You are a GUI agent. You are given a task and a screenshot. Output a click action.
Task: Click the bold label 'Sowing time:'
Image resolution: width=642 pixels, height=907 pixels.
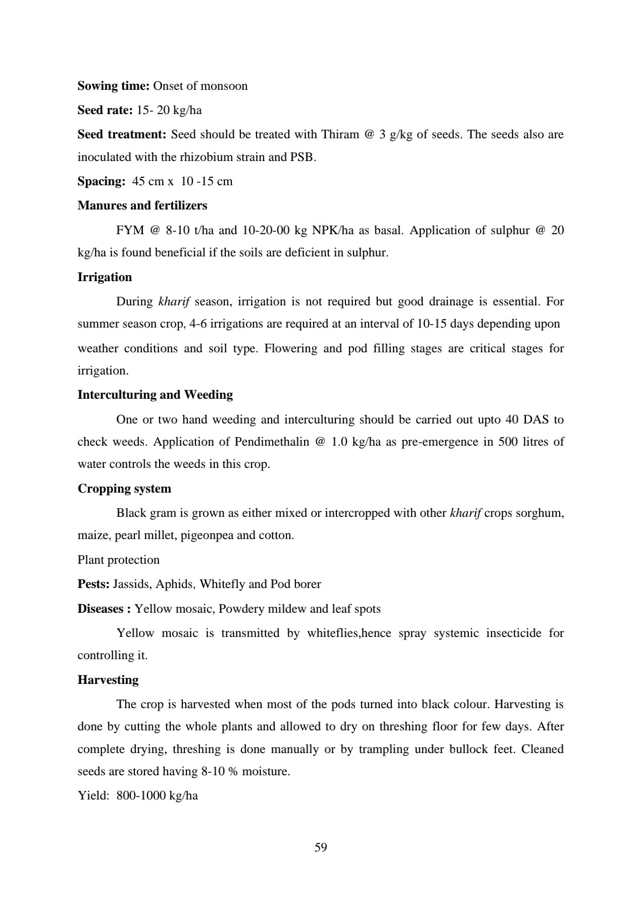[113, 86]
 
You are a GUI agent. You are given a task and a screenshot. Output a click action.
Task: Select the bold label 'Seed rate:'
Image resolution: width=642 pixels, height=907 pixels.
[105, 110]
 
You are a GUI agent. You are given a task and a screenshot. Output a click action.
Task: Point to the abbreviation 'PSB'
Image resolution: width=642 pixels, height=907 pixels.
[302, 157]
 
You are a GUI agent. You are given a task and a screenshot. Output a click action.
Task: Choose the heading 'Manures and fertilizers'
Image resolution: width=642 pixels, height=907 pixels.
[142, 205]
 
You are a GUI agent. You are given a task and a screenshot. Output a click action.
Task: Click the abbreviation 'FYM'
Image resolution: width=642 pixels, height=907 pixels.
[129, 230]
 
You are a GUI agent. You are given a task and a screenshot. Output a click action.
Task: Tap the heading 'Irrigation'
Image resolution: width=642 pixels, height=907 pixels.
[105, 277]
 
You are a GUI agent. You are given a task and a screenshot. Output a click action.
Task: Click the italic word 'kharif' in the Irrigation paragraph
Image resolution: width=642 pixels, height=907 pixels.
[174, 301]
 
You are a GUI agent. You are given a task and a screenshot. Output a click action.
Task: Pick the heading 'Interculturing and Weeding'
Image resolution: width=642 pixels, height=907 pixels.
[155, 395]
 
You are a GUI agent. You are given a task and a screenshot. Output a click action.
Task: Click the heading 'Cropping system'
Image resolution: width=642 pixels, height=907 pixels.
[124, 489]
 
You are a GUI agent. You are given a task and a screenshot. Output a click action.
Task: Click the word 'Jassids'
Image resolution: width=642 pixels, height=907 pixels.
[131, 584]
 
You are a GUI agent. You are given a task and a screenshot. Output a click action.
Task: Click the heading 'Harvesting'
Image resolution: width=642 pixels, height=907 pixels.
[108, 680]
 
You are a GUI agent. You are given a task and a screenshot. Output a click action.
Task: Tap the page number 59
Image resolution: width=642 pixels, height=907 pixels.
[321, 847]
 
